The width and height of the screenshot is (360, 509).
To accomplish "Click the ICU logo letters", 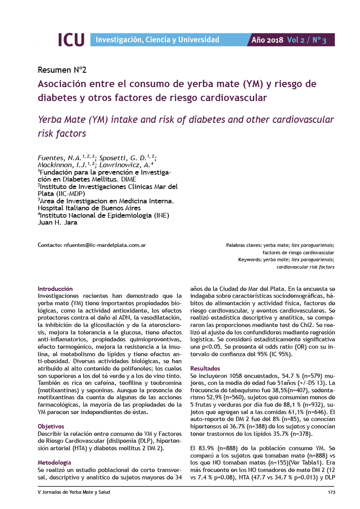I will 71,40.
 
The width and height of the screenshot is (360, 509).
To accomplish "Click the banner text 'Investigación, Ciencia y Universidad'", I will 157,40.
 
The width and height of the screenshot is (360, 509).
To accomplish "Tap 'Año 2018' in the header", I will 267,40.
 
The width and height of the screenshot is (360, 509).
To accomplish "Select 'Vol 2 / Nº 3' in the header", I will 306,40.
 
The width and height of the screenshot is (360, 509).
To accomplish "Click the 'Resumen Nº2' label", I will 62,70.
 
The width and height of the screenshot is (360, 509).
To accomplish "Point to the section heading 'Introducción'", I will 55,289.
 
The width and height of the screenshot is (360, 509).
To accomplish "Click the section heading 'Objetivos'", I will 51,426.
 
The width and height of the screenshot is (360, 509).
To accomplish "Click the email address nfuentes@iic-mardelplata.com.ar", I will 104,245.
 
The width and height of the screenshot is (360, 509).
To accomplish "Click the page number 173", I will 330,492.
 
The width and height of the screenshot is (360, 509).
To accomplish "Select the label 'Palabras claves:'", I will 244,246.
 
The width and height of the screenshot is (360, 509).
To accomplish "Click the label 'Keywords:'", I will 249,260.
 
